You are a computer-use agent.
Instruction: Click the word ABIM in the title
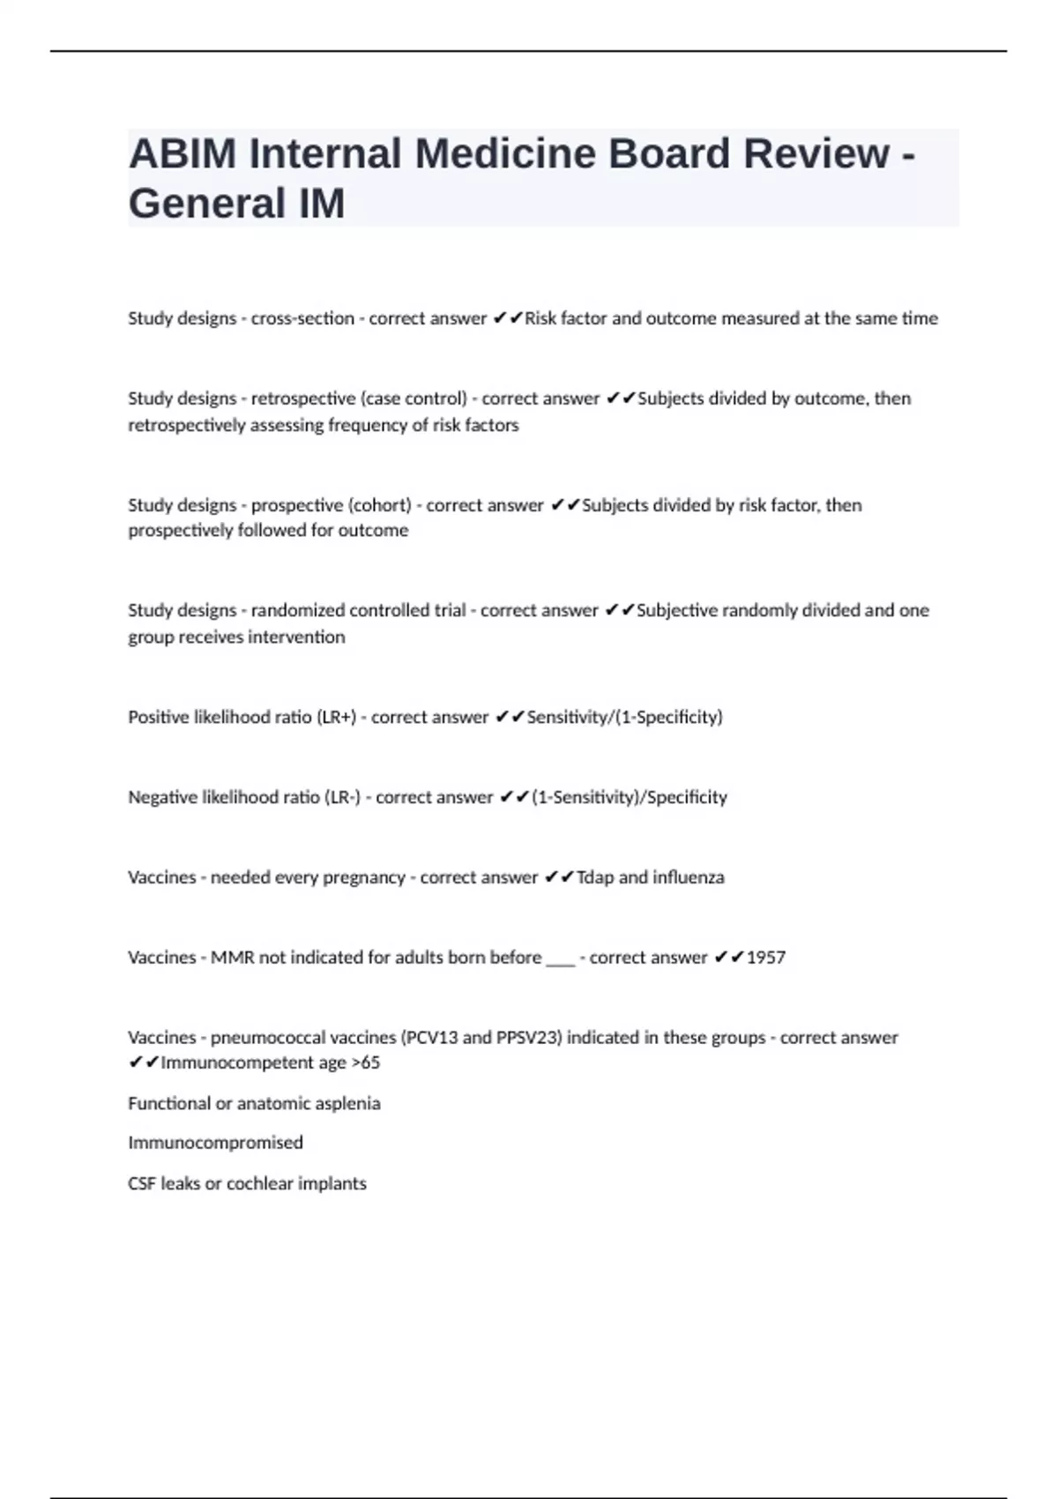(183, 154)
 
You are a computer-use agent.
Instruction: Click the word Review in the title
(816, 154)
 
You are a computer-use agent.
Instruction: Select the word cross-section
(302, 318)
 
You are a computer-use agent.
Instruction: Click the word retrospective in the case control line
(303, 399)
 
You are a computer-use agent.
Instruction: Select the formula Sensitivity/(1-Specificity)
(624, 717)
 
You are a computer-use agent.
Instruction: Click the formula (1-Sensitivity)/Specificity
(630, 797)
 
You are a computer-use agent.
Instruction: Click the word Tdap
(595, 877)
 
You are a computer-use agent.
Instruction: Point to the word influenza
(689, 877)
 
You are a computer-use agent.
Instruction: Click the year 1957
(765, 958)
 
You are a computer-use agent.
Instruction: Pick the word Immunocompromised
(215, 1143)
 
